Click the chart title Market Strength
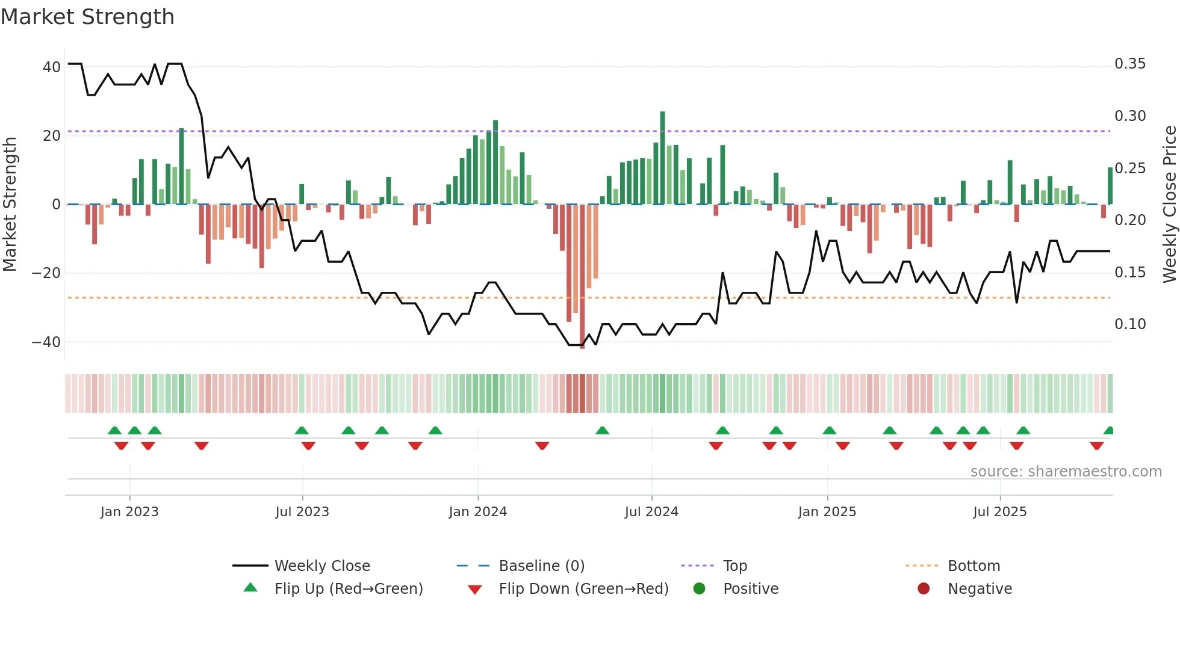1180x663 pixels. pos(87,17)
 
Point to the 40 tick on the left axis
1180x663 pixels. pos(51,67)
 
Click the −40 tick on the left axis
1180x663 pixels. pos(46,342)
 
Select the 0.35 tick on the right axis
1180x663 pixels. pos(1129,64)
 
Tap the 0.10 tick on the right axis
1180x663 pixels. pos(1129,324)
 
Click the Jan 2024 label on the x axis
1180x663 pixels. pos(477,512)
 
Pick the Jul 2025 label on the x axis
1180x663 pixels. pos(999,512)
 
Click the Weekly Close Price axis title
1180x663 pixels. pos(1169,205)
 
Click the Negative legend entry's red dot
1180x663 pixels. pos(923,589)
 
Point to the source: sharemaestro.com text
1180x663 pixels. pos(1066,472)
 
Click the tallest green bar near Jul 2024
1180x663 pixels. pos(662,158)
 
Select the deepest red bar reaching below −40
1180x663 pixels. pos(582,277)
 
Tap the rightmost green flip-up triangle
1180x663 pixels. pos(1108,431)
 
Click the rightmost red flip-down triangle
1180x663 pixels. pos(1096,446)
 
